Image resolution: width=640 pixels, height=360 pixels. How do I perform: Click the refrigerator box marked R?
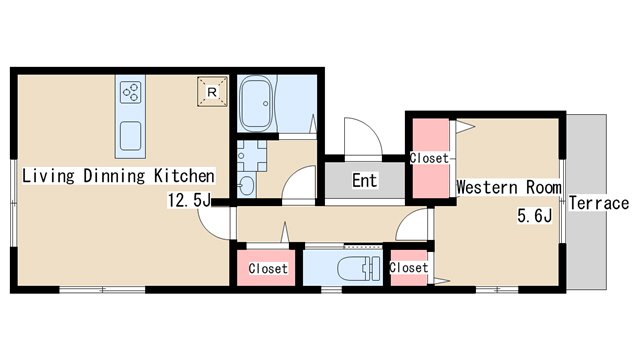[212, 92]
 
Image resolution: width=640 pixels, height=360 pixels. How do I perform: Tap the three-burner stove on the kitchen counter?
[131, 92]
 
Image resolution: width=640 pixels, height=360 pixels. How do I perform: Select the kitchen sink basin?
[131, 136]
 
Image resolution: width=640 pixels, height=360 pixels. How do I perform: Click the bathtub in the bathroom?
[256, 104]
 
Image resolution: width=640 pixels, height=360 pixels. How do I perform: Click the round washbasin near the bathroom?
[247, 186]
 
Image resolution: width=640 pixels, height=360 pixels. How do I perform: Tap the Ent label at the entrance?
[365, 180]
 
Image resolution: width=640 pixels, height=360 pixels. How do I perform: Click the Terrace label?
[599, 203]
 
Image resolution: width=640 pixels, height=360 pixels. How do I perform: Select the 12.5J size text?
[189, 200]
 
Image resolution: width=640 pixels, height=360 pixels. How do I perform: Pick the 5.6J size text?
[535, 216]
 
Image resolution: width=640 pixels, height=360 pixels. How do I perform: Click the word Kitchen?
[184, 176]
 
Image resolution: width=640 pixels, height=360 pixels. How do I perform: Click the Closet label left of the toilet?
[268, 269]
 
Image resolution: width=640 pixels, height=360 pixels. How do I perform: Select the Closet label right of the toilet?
[409, 268]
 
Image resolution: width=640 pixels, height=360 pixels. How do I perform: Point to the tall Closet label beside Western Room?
[429, 158]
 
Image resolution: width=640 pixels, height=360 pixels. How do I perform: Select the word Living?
[48, 176]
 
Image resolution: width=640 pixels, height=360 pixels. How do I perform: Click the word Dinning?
[114, 176]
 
